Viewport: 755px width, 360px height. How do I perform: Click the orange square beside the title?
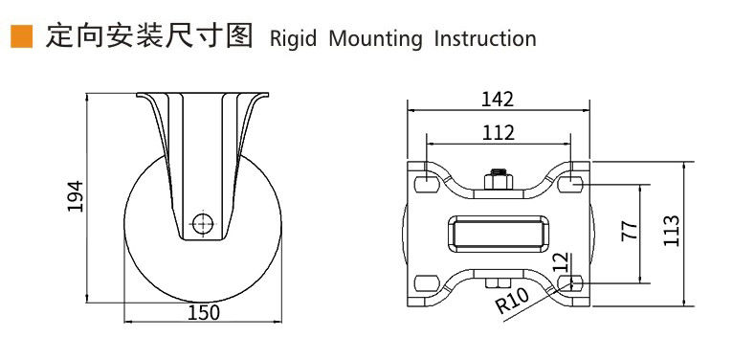point(22,36)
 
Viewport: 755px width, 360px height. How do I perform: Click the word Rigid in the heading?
point(293,38)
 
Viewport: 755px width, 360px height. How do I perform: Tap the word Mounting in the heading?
point(375,38)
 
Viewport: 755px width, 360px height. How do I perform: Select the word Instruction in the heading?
point(485,38)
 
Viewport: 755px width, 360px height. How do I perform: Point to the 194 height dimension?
point(76,196)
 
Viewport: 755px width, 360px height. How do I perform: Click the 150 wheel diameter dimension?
point(203,313)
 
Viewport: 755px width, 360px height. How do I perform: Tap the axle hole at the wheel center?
point(203,224)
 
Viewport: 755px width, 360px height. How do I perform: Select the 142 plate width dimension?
point(498,100)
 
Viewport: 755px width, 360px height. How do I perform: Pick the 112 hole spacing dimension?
point(499,132)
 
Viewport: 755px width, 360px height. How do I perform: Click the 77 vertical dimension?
point(630,231)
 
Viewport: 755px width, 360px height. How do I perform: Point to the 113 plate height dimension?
point(671,231)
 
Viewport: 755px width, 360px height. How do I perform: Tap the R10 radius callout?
point(513,301)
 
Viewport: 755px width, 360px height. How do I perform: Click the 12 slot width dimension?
point(561,262)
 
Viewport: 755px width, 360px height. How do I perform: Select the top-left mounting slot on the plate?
point(426,185)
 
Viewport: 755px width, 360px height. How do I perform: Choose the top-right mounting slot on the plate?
point(571,185)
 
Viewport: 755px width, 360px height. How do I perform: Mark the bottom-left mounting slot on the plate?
point(426,282)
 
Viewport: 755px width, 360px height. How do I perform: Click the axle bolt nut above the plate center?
point(499,180)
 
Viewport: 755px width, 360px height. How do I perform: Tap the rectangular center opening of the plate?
point(499,234)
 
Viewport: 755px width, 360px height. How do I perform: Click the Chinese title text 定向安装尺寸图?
point(148,37)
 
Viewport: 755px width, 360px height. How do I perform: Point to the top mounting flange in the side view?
point(202,95)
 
